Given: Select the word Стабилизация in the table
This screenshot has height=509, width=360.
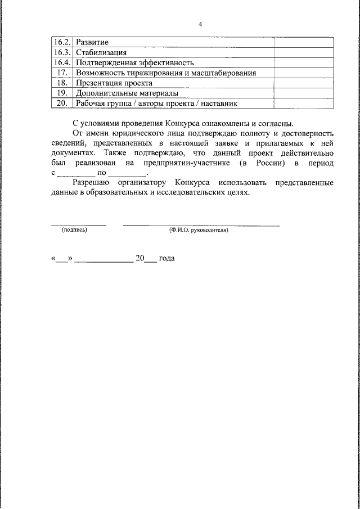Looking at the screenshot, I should point(98,52).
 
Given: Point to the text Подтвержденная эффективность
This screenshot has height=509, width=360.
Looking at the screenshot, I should point(135,62).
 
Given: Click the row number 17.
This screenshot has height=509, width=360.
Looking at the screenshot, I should point(62,73).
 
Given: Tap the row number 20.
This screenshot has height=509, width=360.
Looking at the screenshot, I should point(62,103).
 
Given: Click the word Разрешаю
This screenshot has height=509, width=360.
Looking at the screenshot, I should point(93,183).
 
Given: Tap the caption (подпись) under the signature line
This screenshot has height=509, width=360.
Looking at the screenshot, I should point(75,230).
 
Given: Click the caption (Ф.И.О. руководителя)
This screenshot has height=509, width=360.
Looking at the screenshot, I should point(199,230).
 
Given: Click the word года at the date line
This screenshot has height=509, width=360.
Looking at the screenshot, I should point(166,259).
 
